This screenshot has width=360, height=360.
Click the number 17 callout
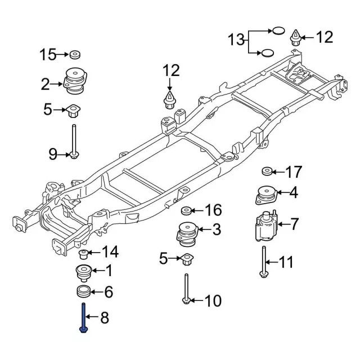click(294, 172)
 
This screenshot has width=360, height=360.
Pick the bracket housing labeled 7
click(263, 225)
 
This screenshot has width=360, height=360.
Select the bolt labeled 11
click(263, 261)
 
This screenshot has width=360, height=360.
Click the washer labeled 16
click(186, 211)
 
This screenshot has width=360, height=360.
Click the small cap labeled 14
click(82, 253)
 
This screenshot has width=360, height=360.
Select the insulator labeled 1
click(83, 273)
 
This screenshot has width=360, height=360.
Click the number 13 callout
click(237, 39)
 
